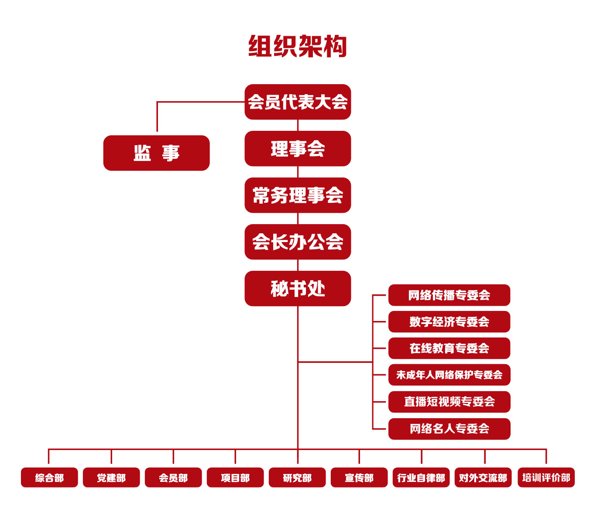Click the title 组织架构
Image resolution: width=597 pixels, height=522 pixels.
(x=298, y=47)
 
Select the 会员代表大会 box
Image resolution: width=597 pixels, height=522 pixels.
(x=298, y=102)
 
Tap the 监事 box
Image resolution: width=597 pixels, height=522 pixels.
(x=156, y=153)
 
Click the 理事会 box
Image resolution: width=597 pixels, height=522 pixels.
(x=298, y=149)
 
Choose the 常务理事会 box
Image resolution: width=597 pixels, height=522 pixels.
(x=298, y=195)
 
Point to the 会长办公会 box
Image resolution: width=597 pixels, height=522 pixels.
(x=298, y=242)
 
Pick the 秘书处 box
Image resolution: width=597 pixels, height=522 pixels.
(x=298, y=289)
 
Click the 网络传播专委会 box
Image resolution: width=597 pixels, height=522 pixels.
(x=449, y=295)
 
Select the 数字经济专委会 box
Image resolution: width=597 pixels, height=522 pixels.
(x=449, y=322)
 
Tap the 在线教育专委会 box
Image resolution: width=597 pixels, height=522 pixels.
(x=449, y=348)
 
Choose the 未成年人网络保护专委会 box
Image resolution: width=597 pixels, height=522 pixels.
(x=449, y=375)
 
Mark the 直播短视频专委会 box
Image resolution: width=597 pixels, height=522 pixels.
(x=449, y=402)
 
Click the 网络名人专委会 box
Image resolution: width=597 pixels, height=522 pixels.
(x=449, y=429)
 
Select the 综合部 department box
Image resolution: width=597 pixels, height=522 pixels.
(x=49, y=478)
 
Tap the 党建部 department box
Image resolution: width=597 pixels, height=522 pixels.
(x=111, y=478)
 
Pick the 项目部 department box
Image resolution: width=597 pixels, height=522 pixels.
(x=235, y=478)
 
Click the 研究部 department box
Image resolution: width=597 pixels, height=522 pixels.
(x=297, y=478)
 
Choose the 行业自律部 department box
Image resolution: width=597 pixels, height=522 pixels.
(x=421, y=478)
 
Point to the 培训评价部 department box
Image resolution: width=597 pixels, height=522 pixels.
(x=546, y=478)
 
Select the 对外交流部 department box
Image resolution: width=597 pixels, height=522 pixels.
(x=483, y=478)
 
